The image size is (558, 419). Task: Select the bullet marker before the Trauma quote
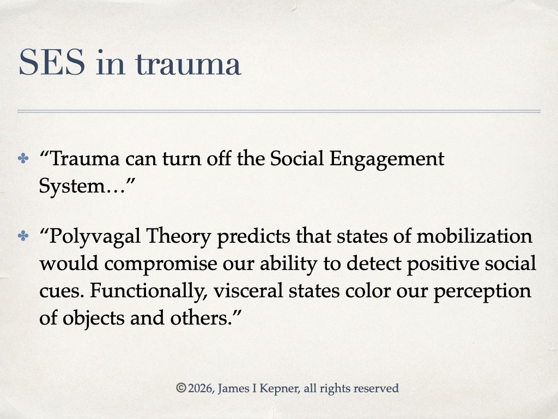[x=23, y=158]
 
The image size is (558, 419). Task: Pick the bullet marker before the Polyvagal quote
[x=23, y=236]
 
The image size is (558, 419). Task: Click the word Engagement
[x=387, y=160]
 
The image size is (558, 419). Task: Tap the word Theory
[x=179, y=237]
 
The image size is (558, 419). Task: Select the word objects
[x=94, y=319]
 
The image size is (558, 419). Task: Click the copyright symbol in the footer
[x=181, y=388]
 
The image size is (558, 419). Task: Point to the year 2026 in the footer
[x=201, y=388]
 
